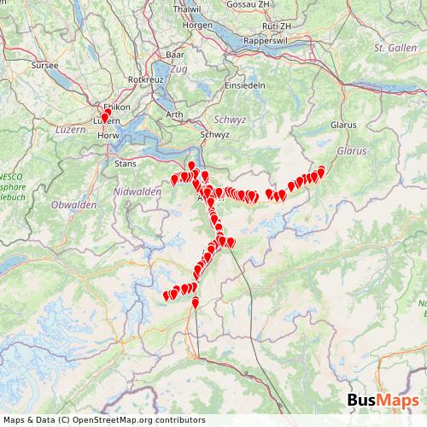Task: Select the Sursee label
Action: [x=43, y=64]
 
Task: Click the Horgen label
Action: [x=197, y=25]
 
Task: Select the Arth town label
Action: [x=174, y=114]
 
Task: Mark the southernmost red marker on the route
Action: [x=195, y=302]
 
